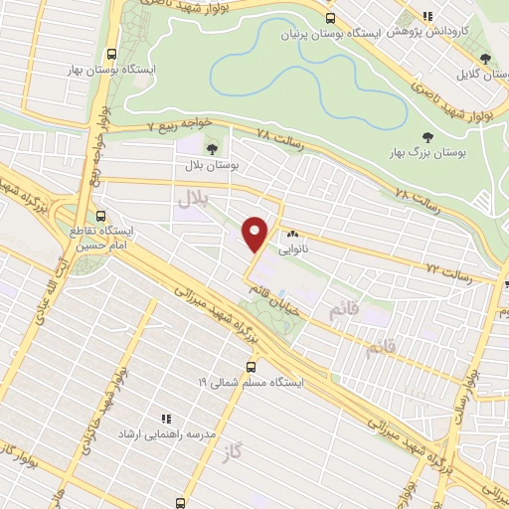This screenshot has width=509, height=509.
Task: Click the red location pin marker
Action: coord(256,234)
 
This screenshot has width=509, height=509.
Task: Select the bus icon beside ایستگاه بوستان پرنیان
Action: coord(330,17)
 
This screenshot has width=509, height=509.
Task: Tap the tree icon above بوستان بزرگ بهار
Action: coord(428,138)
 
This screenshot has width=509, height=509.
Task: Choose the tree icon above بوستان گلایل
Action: coord(484,60)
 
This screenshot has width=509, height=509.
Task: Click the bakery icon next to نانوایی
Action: coord(292,235)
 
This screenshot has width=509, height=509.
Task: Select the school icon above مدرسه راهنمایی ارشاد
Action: coord(167,420)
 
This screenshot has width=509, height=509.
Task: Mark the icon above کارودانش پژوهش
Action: coord(427,17)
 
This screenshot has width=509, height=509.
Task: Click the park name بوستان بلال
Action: coord(209,166)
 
